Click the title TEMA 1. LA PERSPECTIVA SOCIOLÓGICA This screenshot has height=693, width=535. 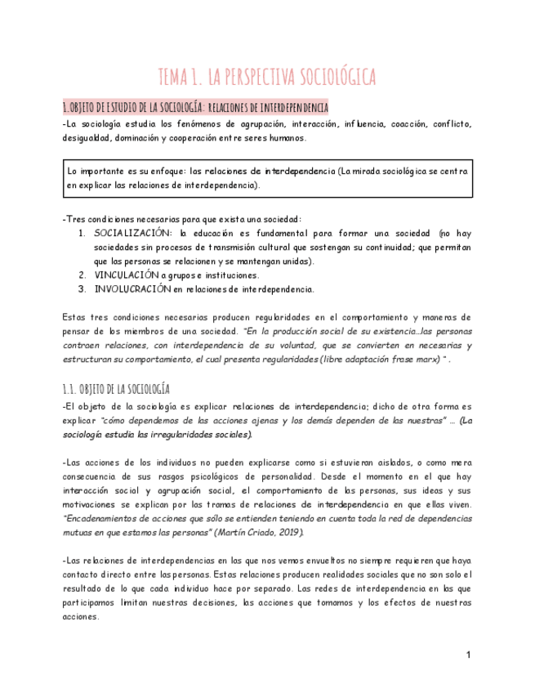click(267, 77)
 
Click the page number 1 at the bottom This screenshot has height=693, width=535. click(469, 655)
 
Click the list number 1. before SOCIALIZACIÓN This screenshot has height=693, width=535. click(82, 233)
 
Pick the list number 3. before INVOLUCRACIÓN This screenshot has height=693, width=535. click(82, 288)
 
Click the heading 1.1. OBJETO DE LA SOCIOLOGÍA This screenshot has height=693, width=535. click(116, 388)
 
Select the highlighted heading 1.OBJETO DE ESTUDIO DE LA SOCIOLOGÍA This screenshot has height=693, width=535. click(195, 107)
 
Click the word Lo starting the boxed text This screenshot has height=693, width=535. click(74, 172)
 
